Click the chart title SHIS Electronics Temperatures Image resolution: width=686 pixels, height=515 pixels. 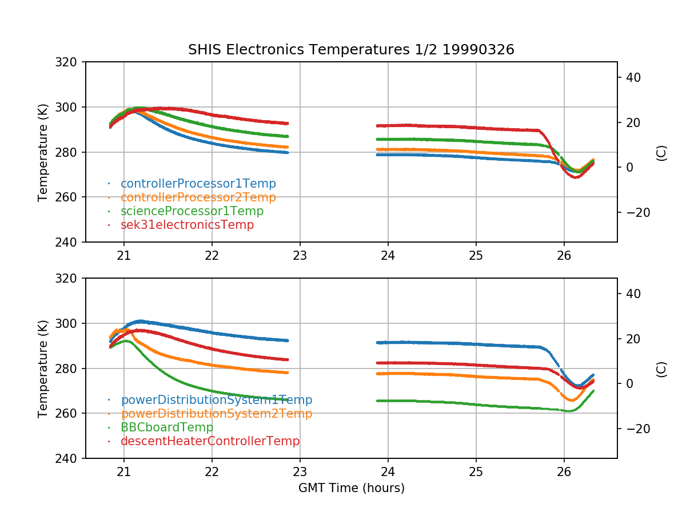[x=351, y=50]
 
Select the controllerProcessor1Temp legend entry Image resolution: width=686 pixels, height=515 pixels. [x=198, y=184]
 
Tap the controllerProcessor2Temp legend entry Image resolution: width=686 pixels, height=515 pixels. [x=198, y=197]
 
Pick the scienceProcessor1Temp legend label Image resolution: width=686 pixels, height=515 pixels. [x=192, y=211]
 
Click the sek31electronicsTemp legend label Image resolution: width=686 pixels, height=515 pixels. [x=187, y=225]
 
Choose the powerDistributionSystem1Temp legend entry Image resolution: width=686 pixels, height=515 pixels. [x=216, y=400]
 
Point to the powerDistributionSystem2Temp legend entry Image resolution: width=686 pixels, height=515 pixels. [x=216, y=414]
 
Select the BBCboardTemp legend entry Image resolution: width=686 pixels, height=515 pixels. [x=166, y=427]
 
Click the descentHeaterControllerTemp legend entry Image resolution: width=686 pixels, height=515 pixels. [x=210, y=441]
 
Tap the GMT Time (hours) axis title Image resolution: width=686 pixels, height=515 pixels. [x=351, y=488]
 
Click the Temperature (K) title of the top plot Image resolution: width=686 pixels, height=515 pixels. [x=43, y=152]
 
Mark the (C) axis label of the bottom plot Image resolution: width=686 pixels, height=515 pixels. [x=661, y=369]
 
